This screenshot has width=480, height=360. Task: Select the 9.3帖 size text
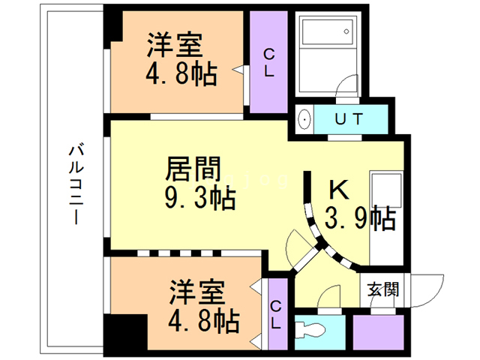pyautogui.click(x=199, y=198)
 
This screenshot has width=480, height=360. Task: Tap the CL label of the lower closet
pyautogui.click(x=276, y=315)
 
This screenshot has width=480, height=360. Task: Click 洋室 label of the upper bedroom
pyautogui.click(x=174, y=44)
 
